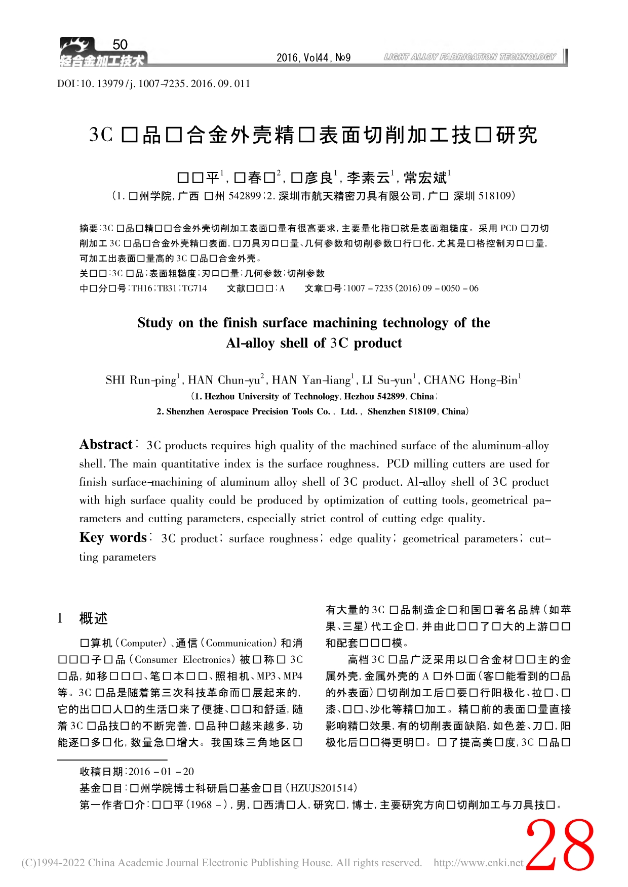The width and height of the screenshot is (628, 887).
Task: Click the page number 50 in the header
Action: tap(120, 45)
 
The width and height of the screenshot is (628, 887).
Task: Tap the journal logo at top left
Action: tap(102, 53)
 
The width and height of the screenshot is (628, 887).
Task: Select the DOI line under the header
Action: tap(154, 83)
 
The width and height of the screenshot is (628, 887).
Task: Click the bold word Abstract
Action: tap(106, 445)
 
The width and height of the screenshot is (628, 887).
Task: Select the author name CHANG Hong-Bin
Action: tap(470, 380)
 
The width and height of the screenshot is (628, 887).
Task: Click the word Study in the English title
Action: tap(155, 323)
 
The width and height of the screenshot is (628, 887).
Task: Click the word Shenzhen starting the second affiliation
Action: tap(185, 411)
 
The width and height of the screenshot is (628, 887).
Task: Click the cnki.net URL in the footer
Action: tap(478, 863)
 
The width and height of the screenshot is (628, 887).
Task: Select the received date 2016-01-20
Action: tap(161, 772)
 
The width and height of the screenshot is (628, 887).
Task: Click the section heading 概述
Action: tap(94, 618)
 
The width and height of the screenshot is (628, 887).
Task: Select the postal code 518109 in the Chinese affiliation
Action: tap(495, 196)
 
